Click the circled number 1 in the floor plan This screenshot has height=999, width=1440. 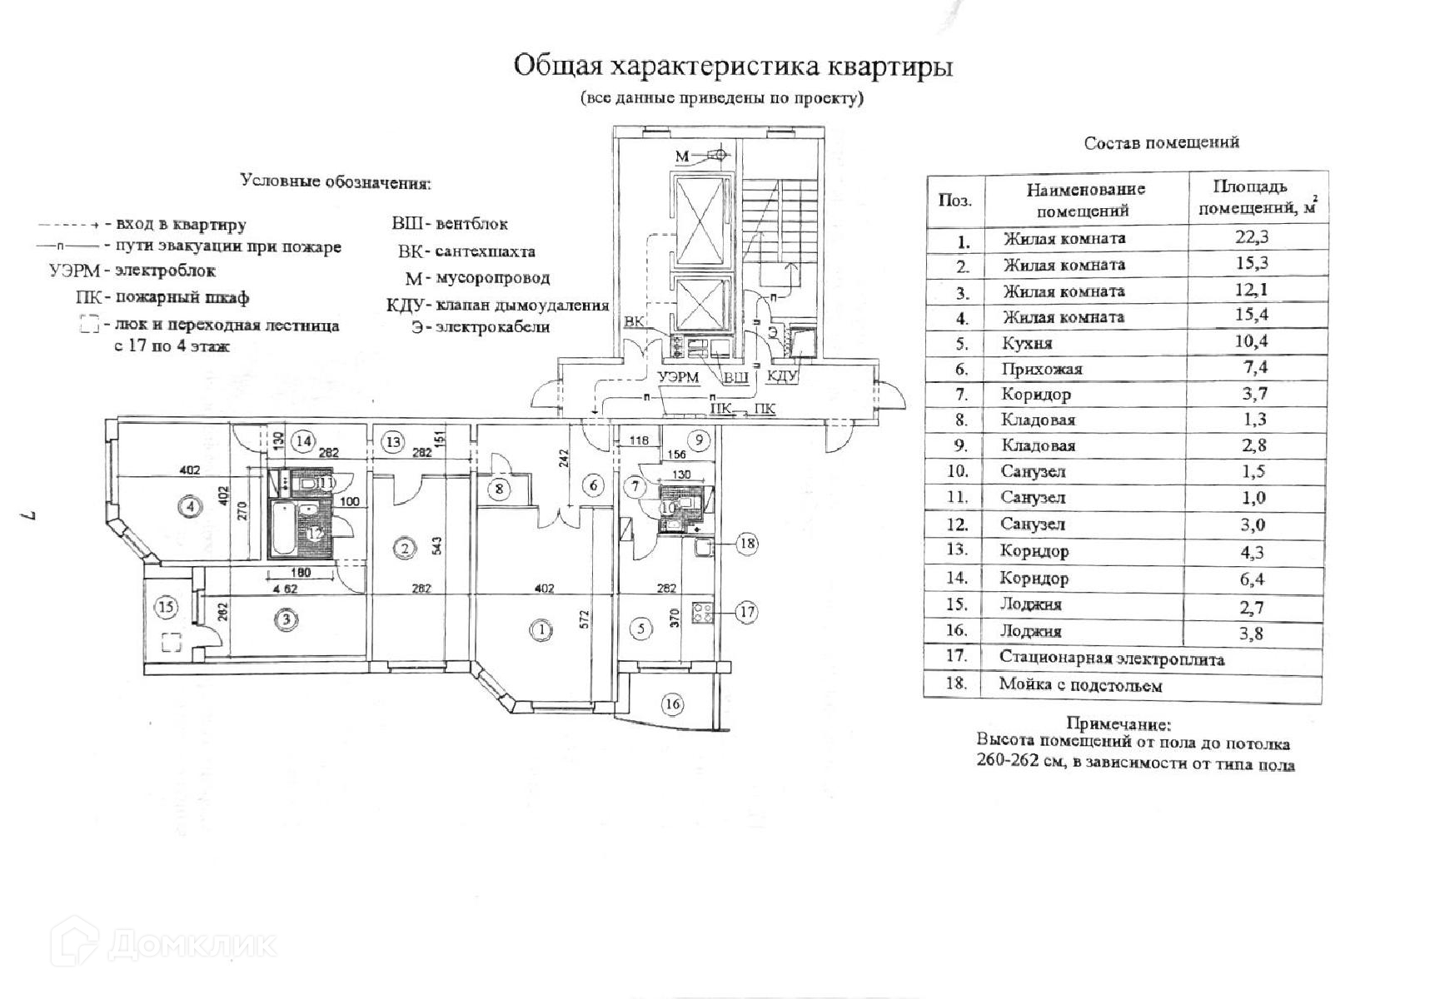tap(542, 630)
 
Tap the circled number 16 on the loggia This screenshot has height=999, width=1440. tap(672, 704)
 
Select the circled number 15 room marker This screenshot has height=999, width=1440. tap(167, 607)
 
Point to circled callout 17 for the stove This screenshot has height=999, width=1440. tap(747, 613)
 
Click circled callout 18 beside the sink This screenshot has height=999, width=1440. tap(747, 544)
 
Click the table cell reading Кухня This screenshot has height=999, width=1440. tap(1028, 343)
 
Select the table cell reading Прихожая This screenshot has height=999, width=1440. tap(1042, 369)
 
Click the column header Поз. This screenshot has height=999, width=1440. tap(955, 200)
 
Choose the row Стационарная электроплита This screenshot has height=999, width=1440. tap(1111, 659)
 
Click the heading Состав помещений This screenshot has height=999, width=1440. tap(1161, 142)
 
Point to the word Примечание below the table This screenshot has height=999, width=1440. tap(1118, 724)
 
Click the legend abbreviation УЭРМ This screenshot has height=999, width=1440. tap(74, 271)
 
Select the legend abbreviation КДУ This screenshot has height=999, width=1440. tap(406, 305)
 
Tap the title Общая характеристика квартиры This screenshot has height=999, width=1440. tap(732, 66)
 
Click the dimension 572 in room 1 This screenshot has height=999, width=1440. tap(585, 619)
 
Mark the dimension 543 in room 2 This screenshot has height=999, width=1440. tap(436, 545)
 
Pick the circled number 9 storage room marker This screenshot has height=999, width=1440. tap(700, 440)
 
